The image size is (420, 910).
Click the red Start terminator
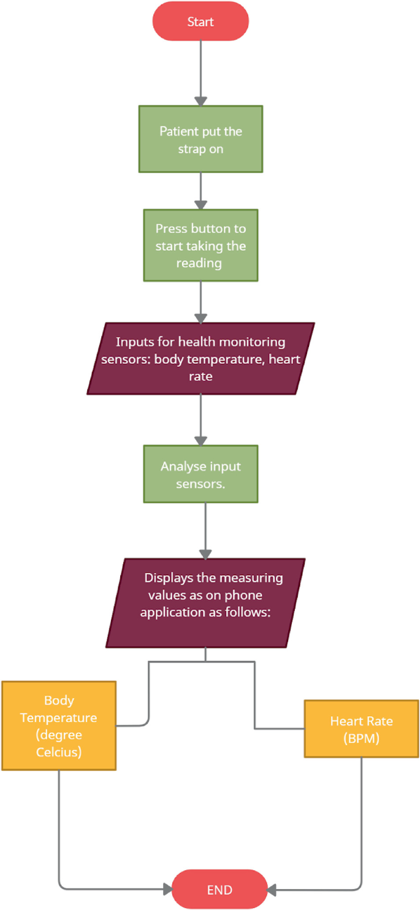(x=200, y=22)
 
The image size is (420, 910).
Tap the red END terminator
(x=220, y=890)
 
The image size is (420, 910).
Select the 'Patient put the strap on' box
(x=200, y=139)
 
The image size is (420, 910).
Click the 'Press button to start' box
(x=200, y=245)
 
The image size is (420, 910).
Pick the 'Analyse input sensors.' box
(x=200, y=474)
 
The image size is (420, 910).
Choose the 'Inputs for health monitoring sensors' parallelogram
(x=200, y=358)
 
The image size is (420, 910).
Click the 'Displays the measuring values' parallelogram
(x=205, y=602)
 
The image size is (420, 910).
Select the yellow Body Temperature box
(x=58, y=726)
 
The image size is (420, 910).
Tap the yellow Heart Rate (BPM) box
(x=361, y=729)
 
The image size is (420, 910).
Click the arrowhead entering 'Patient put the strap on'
(x=200, y=100)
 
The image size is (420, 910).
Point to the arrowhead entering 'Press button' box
(x=200, y=205)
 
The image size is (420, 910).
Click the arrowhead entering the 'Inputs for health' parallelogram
(x=200, y=318)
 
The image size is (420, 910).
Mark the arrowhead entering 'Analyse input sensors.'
(x=200, y=440)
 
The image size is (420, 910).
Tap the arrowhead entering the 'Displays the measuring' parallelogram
(x=205, y=553)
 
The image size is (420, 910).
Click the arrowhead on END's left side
(x=167, y=889)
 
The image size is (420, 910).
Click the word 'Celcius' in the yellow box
(x=58, y=751)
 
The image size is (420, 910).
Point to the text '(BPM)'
(x=361, y=738)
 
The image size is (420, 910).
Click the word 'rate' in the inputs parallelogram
(x=200, y=376)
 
